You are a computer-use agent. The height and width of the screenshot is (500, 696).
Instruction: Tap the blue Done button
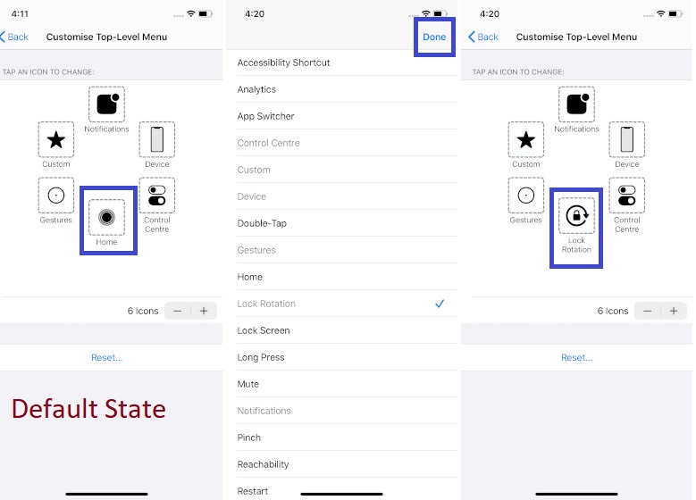point(434,37)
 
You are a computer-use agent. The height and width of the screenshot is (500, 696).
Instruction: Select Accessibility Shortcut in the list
point(283,62)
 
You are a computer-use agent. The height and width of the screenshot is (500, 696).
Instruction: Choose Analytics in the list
point(256,89)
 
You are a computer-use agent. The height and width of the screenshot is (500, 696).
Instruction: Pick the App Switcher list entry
point(265,116)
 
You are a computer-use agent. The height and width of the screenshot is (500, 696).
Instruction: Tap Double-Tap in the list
point(262,223)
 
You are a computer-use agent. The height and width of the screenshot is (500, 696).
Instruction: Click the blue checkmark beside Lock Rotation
point(440,304)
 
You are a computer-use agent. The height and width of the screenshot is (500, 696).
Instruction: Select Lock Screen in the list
point(264,330)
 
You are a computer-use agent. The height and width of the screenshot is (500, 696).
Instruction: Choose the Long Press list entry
point(261,357)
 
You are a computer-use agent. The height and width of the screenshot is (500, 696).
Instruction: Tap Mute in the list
point(248,384)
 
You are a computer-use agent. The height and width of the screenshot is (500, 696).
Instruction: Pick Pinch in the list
point(249,437)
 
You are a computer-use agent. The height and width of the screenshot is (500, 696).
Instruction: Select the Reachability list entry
point(263,464)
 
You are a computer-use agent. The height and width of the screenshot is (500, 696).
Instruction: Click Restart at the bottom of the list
point(253,491)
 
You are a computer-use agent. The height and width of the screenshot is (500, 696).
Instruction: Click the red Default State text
point(88,409)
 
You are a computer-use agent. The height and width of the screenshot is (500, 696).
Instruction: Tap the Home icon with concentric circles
point(106,217)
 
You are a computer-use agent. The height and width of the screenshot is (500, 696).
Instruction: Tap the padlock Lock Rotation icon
point(576,216)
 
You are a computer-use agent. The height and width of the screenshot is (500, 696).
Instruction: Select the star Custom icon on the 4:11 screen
point(56,139)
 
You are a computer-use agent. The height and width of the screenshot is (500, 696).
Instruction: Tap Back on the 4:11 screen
point(14,37)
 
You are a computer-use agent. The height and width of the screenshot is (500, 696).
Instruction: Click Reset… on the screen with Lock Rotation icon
point(576,357)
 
